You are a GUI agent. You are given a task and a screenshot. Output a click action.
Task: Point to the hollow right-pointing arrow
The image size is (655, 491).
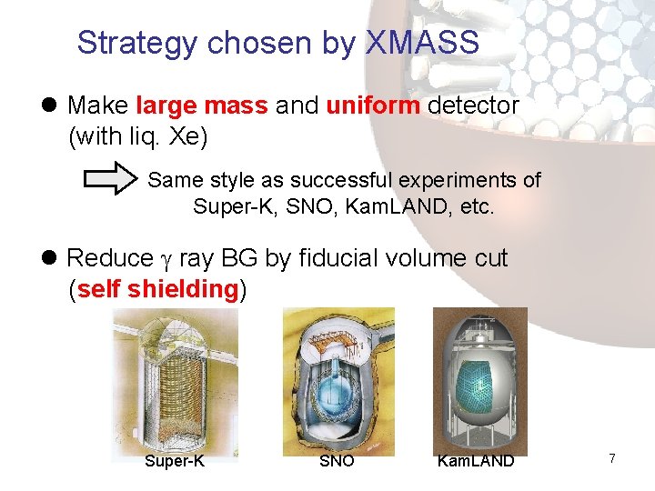[108, 181]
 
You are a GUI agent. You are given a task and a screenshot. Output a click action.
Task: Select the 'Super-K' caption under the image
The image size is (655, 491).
[175, 462]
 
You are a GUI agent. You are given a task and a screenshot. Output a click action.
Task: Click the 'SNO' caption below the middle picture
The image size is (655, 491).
[337, 462]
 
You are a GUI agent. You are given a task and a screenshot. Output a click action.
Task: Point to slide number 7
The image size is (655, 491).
[612, 459]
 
